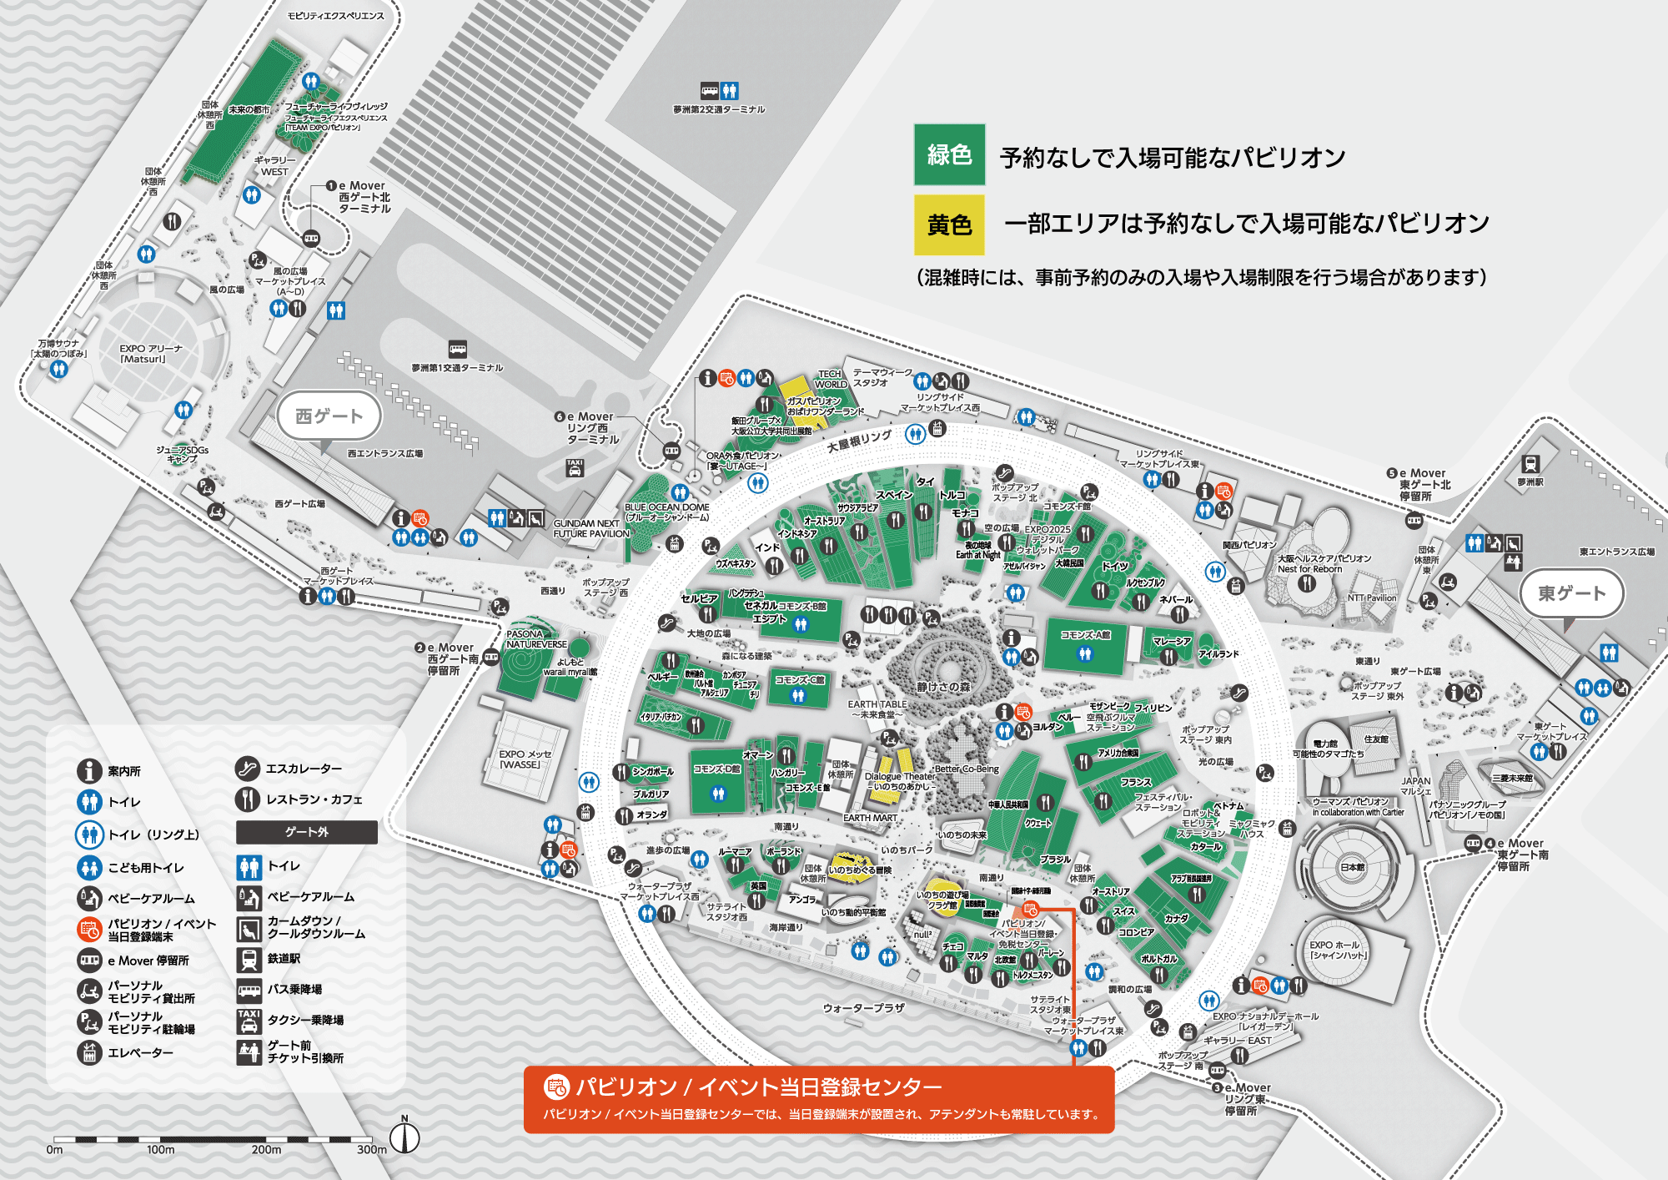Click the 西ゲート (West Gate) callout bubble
pos(329,416)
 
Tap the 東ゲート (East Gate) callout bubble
pos(1571,593)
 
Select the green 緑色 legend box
pos(949,154)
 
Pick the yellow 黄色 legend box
pos(949,224)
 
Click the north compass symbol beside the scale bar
pos(404,1137)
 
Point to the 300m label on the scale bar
pos(371,1149)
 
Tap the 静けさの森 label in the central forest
pos(943,687)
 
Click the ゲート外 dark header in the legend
pos(306,832)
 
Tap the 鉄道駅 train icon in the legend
pos(249,959)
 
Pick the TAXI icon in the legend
pos(249,1020)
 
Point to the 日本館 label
pos(1352,867)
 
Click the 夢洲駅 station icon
pos(1530,464)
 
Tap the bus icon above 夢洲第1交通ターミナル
pos(457,349)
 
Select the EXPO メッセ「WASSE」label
pos(525,759)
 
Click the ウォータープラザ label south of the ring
pos(863,1008)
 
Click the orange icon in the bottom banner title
pos(555,1087)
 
